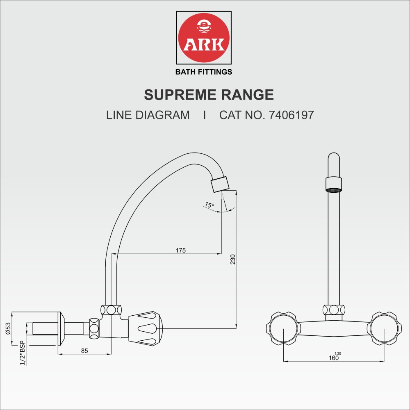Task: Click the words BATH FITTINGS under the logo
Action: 204,72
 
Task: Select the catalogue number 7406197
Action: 291,115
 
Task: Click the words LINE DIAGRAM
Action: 148,115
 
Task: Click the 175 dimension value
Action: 181,250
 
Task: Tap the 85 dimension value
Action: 84,351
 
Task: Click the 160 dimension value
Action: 334,358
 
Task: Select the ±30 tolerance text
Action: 338,353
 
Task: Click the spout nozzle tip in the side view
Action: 219,184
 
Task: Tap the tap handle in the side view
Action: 146,328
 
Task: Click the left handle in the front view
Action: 283,328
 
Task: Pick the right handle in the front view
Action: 384,328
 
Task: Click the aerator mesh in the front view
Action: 334,190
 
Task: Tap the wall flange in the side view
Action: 61,328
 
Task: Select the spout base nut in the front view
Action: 334,310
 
